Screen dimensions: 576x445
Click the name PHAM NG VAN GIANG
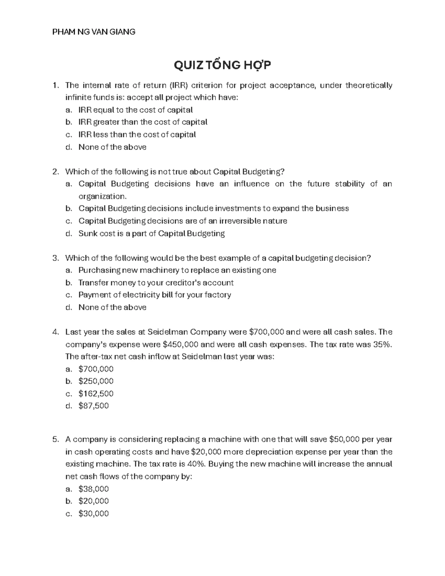pos(94,32)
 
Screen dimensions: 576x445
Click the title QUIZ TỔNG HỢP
pos(222,65)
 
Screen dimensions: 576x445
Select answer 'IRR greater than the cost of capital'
pos(143,122)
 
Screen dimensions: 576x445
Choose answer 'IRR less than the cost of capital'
pos(137,134)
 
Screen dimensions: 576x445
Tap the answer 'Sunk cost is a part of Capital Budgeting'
pos(151,233)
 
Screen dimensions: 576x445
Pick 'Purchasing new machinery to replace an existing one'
pos(177,270)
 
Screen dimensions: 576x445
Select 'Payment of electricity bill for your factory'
pos(155,295)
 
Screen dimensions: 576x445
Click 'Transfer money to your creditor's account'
pos(156,283)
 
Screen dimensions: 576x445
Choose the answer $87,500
pos(93,406)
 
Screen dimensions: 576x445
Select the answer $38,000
pos(93,489)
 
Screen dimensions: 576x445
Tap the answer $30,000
pos(93,514)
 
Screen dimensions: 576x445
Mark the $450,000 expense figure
pos(180,345)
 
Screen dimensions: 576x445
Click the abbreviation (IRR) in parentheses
pos(179,86)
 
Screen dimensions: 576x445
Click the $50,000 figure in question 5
pos(344,440)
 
